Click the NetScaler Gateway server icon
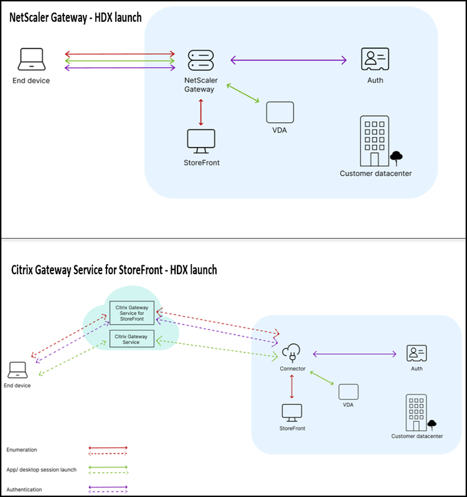tap(201, 60)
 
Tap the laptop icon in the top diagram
tap(31, 59)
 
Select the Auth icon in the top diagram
tap(375, 59)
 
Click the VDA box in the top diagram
tap(280, 112)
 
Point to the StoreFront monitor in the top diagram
tap(201, 141)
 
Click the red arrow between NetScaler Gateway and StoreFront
tap(201, 112)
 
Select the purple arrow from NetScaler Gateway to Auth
tap(289, 60)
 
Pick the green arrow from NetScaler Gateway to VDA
tap(243, 93)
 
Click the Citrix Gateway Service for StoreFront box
tap(132, 313)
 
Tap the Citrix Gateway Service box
tap(132, 339)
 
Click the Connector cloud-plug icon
tap(291, 353)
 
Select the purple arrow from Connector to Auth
tap(354, 354)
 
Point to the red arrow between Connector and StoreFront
tap(292, 386)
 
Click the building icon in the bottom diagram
tap(417, 413)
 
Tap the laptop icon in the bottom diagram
tap(17, 370)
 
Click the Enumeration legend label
tap(22, 450)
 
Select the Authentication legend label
tap(24, 490)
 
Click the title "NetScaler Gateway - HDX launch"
tap(75, 17)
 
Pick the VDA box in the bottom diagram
tap(349, 392)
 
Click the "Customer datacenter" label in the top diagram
tap(375, 173)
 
